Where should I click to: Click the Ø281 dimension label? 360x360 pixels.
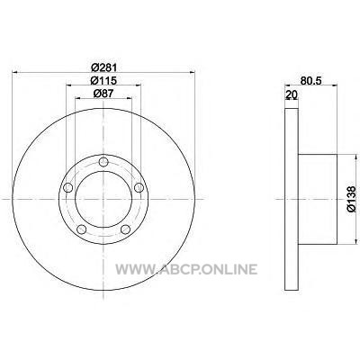(103, 67)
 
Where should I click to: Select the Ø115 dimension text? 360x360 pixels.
(103, 80)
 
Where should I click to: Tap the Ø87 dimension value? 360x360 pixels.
(103, 94)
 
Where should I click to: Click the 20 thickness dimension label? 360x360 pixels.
(292, 94)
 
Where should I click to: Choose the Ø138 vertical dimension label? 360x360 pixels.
(351, 199)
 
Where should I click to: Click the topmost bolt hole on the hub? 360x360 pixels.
(103, 162)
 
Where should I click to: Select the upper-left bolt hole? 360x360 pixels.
(68, 188)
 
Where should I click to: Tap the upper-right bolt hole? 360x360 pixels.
(139, 188)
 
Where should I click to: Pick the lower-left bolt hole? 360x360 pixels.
(82, 229)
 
